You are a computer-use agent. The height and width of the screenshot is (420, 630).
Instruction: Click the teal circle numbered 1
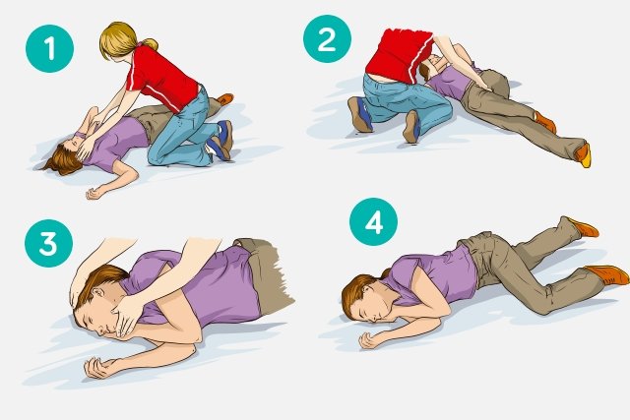coord(50,48)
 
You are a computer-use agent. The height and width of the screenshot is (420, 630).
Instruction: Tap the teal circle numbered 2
coord(327,39)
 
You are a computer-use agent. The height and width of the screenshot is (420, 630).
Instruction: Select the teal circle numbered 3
coord(48,243)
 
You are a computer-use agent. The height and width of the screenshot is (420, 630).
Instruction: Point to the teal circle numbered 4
coord(374,221)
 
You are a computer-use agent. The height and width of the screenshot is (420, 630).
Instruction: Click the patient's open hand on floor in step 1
coord(94,194)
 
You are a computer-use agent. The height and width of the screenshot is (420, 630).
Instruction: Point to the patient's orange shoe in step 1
coord(225,98)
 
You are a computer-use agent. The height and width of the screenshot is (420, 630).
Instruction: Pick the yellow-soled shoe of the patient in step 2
coord(584,154)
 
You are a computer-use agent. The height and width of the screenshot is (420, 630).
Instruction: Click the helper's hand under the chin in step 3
coord(126,318)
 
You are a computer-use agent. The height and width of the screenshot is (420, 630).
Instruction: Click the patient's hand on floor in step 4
coord(368,340)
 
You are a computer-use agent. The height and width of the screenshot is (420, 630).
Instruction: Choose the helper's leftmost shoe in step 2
coord(359,114)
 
